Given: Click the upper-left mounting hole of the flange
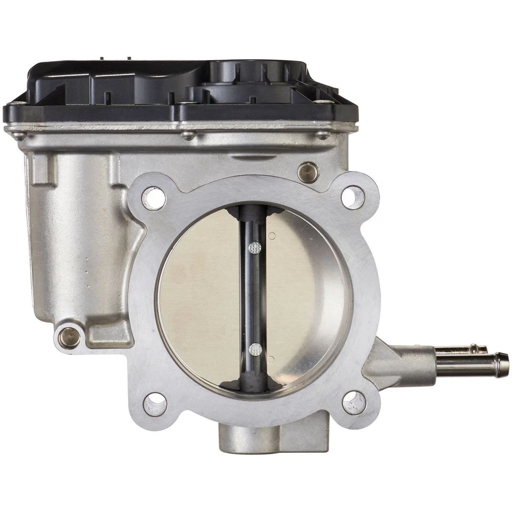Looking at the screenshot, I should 154,198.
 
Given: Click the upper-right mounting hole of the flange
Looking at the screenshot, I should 353,197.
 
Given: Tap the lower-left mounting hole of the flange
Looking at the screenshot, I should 155,404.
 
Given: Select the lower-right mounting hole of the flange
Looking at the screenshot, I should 354,403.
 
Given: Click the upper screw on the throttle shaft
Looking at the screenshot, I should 255,247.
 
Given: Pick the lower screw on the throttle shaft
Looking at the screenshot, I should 255,350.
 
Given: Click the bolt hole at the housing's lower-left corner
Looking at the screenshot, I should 69,337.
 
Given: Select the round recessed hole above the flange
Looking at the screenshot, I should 308,172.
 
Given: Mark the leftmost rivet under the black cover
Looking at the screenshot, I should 19,135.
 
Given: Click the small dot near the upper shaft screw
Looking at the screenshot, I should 273,235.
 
